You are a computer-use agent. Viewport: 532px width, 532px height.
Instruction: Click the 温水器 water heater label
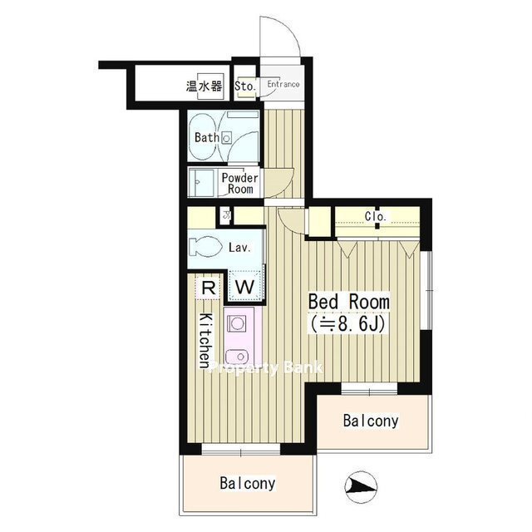pos(204,86)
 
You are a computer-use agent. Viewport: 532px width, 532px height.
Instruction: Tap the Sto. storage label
pos(245,86)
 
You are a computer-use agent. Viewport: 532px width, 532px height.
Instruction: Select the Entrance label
pos(283,84)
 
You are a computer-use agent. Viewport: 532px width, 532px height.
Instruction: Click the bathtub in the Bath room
pos(204,136)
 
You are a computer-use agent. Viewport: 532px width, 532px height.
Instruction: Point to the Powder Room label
pos(240,184)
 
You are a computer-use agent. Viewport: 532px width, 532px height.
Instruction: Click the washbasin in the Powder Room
pos(201,183)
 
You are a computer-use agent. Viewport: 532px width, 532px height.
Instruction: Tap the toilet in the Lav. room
pos(205,247)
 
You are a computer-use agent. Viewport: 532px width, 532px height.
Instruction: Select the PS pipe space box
pos(225,215)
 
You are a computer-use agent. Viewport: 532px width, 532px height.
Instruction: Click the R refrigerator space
pos(209,288)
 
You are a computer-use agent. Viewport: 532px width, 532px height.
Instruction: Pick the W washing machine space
pos(245,287)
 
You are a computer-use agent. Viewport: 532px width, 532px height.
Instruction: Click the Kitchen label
pos(205,340)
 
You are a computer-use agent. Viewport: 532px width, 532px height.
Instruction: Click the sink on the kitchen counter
pos(239,357)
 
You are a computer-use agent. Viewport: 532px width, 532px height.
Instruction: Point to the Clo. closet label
pos(376,216)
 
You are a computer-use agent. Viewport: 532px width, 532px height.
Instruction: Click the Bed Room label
pos(349,302)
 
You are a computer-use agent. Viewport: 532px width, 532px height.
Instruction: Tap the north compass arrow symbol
pos(361,487)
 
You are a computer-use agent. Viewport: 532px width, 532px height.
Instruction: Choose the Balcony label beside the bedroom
pos(371,421)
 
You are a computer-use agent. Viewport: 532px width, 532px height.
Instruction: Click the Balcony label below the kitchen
pos(248,483)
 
